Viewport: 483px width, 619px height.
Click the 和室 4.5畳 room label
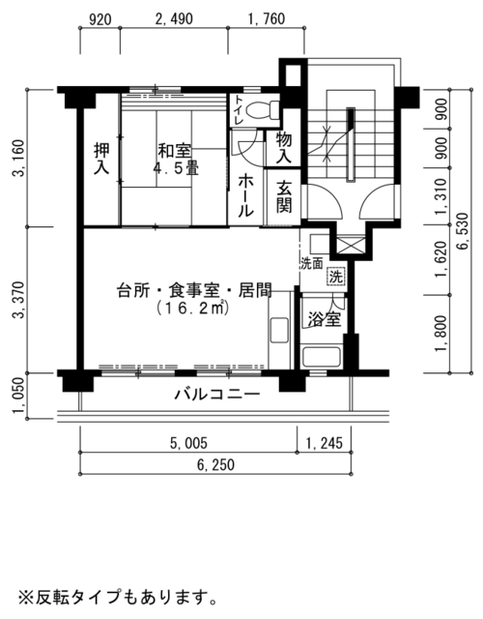tap(175, 160)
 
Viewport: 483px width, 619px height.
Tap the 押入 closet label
tap(101, 159)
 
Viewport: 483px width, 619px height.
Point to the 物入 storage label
tap(283, 148)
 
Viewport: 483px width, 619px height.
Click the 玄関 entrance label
tap(284, 197)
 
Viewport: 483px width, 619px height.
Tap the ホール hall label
tap(245, 196)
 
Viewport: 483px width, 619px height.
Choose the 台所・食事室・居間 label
tap(194, 291)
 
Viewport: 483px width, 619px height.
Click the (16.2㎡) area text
tap(193, 309)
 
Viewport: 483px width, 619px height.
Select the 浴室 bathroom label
tap(325, 319)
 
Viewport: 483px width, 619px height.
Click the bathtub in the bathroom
tap(321, 357)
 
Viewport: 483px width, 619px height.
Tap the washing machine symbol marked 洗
tap(336, 276)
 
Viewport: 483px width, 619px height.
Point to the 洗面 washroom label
tap(312, 263)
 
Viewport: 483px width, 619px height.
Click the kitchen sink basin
tap(279, 330)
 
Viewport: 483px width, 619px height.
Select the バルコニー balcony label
tap(217, 395)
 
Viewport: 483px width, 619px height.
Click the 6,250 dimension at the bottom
tap(215, 464)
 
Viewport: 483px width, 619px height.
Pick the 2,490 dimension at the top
tap(174, 19)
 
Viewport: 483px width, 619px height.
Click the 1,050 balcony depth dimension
tap(19, 396)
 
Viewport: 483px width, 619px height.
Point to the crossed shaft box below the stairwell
tap(350, 245)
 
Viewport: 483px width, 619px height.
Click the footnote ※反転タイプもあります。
tap(117, 598)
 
